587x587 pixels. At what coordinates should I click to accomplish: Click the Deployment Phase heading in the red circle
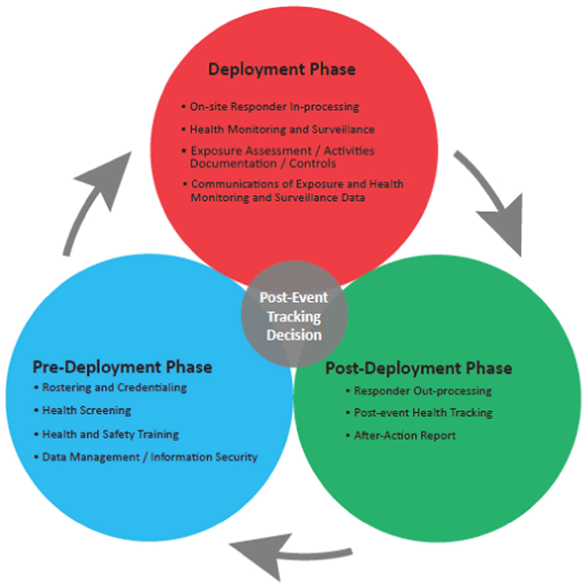pos(281,70)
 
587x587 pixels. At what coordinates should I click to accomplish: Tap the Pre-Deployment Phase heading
pos(123,367)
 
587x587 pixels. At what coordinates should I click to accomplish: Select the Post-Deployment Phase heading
pos(419,368)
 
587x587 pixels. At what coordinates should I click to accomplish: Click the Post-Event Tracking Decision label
pos(294,316)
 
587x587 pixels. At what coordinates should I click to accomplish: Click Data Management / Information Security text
pos(150,457)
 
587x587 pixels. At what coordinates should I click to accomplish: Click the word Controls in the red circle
pos(312,164)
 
